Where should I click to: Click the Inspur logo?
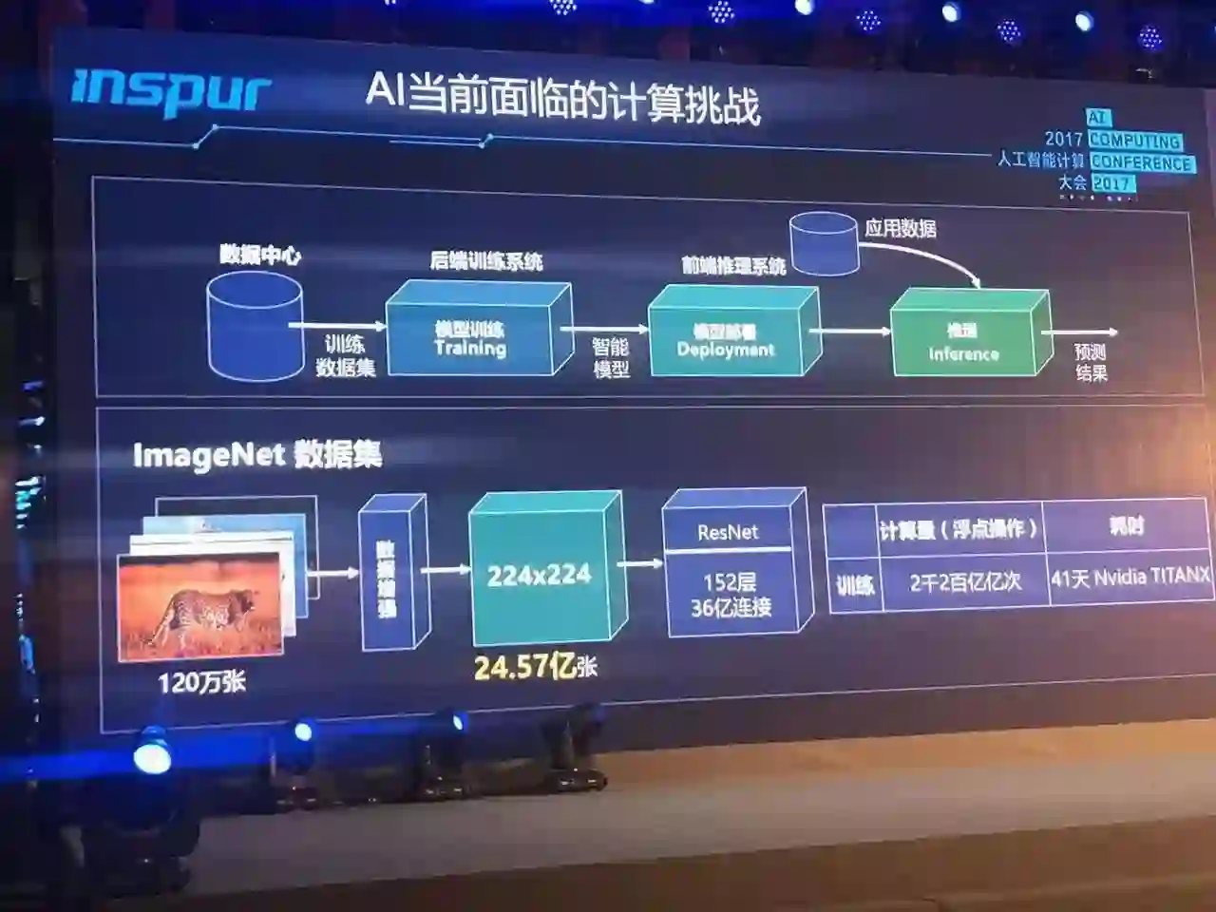[x=171, y=92]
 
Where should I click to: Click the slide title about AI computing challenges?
[x=562, y=98]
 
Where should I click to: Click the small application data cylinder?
[x=825, y=244]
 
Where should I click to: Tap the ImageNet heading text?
[x=256, y=455]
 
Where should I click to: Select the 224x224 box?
[x=539, y=575]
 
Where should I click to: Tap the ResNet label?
[x=728, y=533]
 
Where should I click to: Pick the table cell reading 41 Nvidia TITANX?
[x=1130, y=577]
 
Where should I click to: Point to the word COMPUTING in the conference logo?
[x=1135, y=141]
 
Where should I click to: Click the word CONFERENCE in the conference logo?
[x=1141, y=162]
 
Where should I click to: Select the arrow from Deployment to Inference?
[x=849, y=332]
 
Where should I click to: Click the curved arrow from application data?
[x=926, y=255]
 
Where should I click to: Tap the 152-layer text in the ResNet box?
[x=730, y=582]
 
